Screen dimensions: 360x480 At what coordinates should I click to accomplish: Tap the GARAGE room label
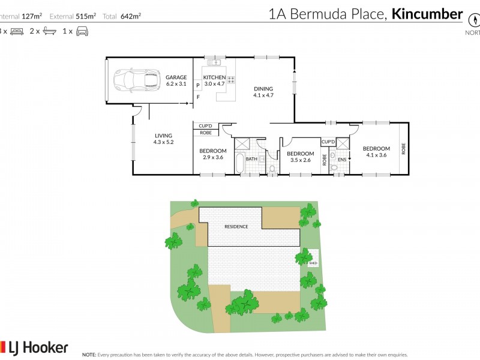[x=176, y=77]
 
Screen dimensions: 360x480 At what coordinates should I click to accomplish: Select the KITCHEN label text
[x=214, y=77]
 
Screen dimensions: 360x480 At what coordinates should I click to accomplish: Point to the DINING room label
[x=263, y=89]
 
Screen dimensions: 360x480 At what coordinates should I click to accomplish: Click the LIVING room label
[x=163, y=136]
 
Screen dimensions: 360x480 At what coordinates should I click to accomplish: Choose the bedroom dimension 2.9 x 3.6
[x=213, y=157]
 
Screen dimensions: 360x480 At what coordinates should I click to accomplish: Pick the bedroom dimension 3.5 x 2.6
[x=301, y=160]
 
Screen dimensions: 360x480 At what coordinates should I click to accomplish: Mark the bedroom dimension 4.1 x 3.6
[x=376, y=155]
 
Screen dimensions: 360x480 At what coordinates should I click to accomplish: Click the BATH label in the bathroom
[x=251, y=159]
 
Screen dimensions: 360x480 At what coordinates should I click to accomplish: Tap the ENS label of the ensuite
[x=342, y=160]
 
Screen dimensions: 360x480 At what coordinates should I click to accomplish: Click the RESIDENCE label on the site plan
[x=236, y=227]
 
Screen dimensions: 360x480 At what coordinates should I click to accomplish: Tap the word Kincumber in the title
[x=427, y=14]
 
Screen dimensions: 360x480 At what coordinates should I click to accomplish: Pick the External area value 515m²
[x=85, y=16]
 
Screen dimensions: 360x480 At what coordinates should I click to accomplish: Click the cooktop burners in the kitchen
[x=230, y=79]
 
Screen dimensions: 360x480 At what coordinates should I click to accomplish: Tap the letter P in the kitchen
[x=197, y=86]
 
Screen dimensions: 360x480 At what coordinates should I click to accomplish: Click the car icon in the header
[x=82, y=31]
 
